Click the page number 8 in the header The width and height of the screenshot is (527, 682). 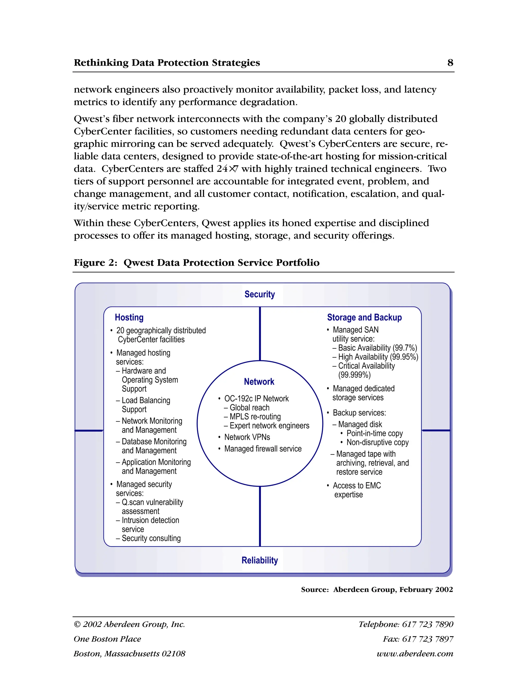tap(450, 63)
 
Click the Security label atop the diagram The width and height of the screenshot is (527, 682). tap(259, 294)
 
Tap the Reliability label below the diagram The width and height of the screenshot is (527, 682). tap(259, 560)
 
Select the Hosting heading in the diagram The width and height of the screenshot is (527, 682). tap(129, 317)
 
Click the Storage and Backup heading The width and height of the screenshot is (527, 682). tap(364, 317)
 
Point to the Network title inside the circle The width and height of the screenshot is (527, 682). tap(259, 382)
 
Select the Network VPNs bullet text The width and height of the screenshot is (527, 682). tap(247, 437)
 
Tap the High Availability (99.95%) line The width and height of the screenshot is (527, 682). tap(378, 357)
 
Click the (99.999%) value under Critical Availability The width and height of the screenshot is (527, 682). tap(354, 375)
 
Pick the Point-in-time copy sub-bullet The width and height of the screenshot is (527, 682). tap(374, 433)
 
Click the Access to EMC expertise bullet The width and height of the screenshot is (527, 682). tap(357, 490)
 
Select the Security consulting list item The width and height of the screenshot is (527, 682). tap(151, 538)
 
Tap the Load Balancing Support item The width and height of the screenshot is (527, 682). tap(145, 405)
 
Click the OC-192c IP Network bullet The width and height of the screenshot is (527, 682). tap(256, 399)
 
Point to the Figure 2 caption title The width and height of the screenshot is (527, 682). tap(196, 263)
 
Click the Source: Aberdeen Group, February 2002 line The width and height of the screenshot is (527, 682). tap(376, 590)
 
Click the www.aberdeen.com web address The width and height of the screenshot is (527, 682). tap(415, 654)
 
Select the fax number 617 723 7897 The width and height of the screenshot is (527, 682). tap(427, 639)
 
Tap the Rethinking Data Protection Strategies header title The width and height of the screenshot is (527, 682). tap(167, 63)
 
